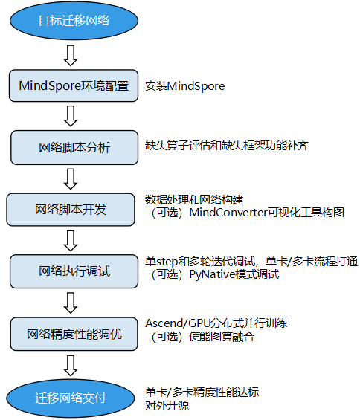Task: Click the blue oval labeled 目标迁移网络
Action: (x=73, y=21)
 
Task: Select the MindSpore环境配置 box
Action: (x=73, y=85)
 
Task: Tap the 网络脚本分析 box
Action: (x=73, y=147)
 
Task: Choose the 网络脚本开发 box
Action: (x=71, y=209)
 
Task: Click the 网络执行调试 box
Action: (x=73, y=271)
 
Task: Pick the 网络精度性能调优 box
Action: (x=73, y=333)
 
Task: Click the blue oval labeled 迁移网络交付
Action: (x=71, y=398)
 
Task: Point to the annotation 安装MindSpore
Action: (x=185, y=86)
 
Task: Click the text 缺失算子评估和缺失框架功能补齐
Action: (x=227, y=145)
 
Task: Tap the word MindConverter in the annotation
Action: (x=227, y=213)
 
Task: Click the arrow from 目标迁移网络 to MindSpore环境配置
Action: (x=71, y=54)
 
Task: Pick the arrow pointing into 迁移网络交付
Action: (x=71, y=365)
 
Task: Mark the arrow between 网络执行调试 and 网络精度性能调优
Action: (x=71, y=302)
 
